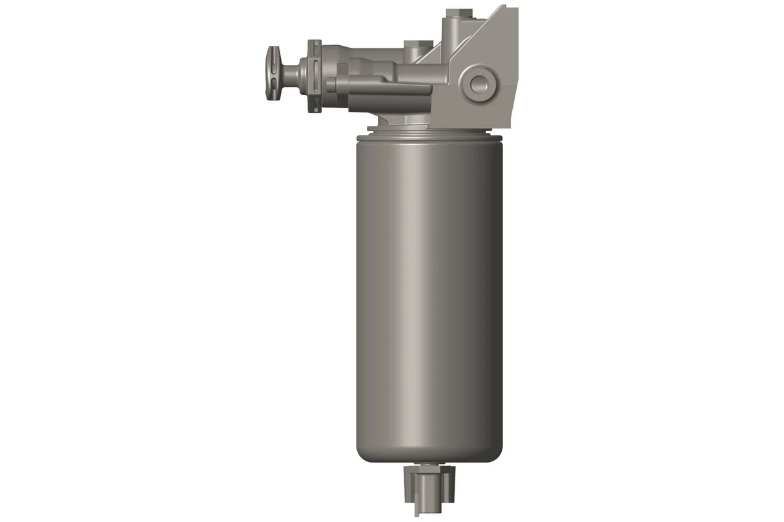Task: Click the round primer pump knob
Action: (x=274, y=72)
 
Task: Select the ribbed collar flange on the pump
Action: (x=314, y=75)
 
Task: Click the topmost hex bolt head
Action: (x=460, y=13)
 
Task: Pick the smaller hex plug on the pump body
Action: (x=418, y=45)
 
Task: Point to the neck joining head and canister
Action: (x=400, y=121)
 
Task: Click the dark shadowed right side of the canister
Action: (x=491, y=290)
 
